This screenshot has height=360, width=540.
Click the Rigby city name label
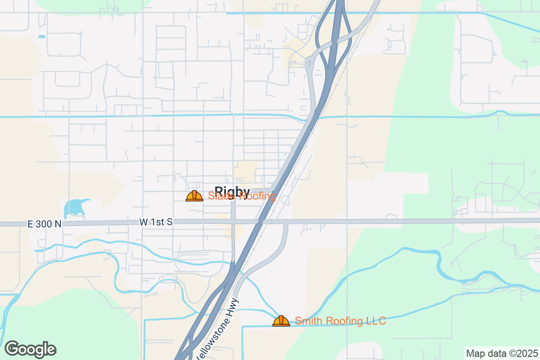point(232,192)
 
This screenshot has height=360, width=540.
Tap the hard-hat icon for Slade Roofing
point(194,196)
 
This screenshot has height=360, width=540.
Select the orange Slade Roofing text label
point(242,196)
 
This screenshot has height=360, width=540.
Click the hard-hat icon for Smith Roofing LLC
point(281,321)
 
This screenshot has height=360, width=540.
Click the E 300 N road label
point(44,224)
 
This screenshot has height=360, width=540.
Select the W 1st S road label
point(156,222)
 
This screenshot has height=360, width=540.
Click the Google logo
point(31,349)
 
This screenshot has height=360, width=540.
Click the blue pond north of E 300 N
point(74,208)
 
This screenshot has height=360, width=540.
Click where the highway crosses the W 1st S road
point(260,221)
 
